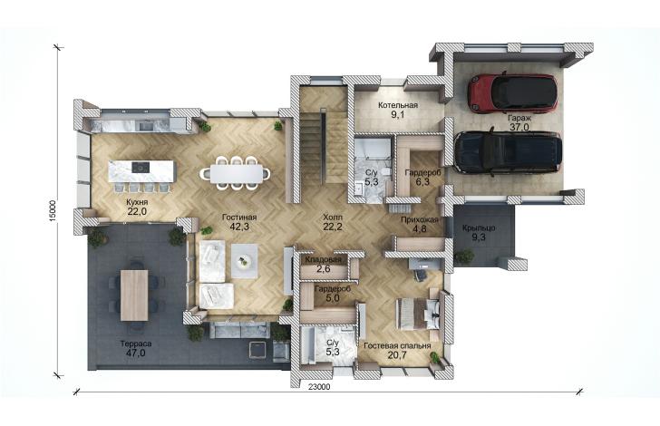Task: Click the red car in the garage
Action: pos(512,93)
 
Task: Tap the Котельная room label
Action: pos(398,105)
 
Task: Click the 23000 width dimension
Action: pos(322,387)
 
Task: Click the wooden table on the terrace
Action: pos(134,295)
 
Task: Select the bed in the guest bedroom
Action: pos(418,314)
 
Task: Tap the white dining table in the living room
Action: pos(236,173)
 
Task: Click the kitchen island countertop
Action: pos(141,171)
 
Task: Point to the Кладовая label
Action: pos(324,260)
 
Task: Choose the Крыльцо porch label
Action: pos(479,228)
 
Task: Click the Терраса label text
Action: pos(136,344)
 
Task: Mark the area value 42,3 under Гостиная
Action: pos(239,227)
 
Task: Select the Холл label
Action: pos(333,218)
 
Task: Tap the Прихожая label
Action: pos(420,219)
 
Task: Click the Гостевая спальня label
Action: pos(397,345)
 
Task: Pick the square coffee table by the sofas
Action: pos(244,261)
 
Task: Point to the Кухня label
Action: pos(137,202)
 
